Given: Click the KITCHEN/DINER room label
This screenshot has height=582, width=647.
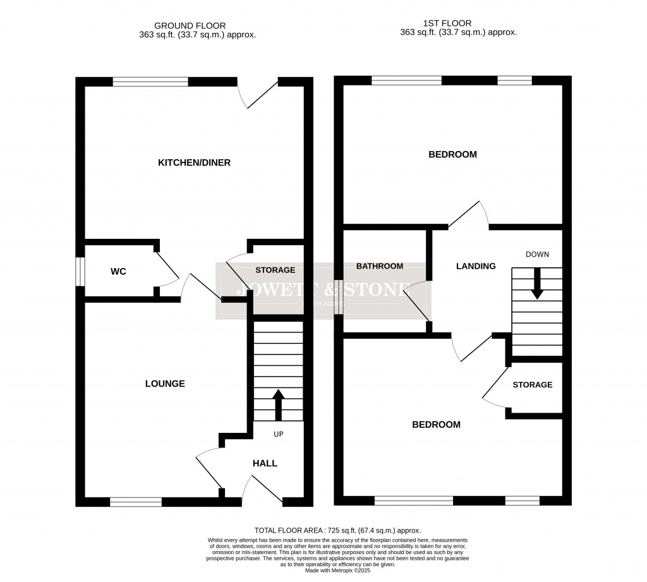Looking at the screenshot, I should tap(194, 163).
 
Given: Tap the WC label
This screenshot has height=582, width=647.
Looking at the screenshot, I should tap(118, 272).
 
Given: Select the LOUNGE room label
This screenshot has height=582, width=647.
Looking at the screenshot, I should tap(165, 384).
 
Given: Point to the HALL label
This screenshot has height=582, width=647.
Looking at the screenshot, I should tap(265, 463).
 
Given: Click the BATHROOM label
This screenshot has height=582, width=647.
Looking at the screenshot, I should tap(379, 266).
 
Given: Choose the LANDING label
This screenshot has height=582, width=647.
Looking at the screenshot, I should tap(476, 266).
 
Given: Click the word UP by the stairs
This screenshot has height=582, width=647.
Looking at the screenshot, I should tap(278, 435).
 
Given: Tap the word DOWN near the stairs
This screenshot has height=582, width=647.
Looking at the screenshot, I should tap(537, 254).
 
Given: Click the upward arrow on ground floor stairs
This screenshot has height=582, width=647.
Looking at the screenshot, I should tap(277, 405).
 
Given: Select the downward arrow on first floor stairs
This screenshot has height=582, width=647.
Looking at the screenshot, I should tap(537, 284).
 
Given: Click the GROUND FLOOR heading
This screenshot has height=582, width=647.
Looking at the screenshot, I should tap(197, 25).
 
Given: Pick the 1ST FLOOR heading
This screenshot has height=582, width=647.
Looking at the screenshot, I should tap(458, 23).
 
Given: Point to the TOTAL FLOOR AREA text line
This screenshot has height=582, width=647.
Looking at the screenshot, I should tap(337, 530).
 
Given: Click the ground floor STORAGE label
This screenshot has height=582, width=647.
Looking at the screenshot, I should tap(275, 270).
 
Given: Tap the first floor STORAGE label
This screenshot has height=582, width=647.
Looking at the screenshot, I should tap(532, 385).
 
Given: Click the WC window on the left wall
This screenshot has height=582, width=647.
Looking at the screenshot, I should tap(80, 272).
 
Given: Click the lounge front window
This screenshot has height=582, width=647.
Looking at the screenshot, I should tap(136, 502).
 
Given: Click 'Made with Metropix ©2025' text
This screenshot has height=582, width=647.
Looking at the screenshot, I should tap(337, 571).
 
